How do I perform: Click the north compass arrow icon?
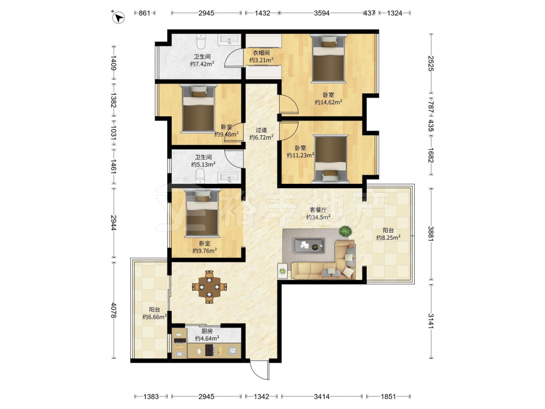(119, 17)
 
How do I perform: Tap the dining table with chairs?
(210, 287)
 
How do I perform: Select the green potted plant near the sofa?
(346, 231)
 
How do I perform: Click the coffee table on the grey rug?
(308, 246)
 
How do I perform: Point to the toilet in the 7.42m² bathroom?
(202, 41)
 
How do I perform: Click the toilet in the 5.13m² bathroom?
(201, 176)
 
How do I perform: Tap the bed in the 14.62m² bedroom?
(329, 58)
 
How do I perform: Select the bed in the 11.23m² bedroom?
(331, 159)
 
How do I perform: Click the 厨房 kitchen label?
(207, 331)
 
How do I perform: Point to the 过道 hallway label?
(261, 130)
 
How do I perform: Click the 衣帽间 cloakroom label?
(261, 53)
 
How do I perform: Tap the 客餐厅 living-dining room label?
(318, 210)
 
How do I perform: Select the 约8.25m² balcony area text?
(388, 238)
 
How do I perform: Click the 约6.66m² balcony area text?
(155, 317)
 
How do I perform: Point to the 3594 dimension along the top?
(322, 13)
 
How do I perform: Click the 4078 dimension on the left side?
(113, 310)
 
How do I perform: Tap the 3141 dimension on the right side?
(431, 321)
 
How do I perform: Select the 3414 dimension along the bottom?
(322, 396)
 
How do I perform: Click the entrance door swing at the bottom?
(259, 371)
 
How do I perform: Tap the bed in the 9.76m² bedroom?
(203, 212)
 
